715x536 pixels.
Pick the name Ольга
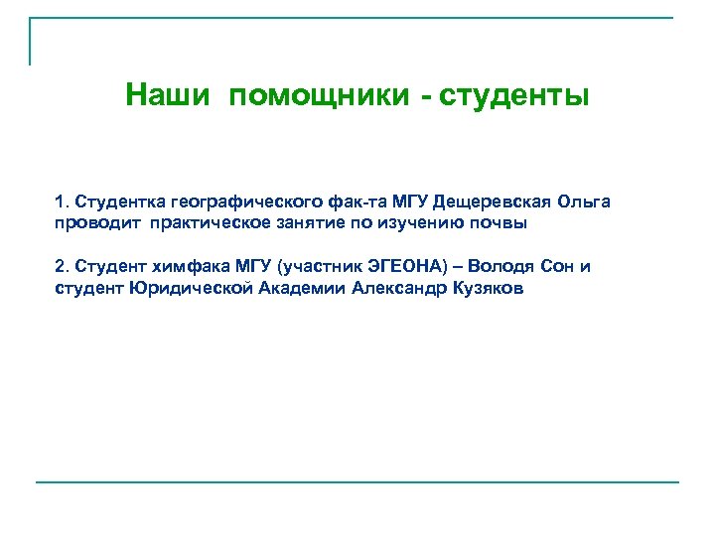click(583, 202)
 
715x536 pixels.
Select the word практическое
click(214, 223)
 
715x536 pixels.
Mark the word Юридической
click(191, 288)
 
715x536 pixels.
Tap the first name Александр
click(399, 288)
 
